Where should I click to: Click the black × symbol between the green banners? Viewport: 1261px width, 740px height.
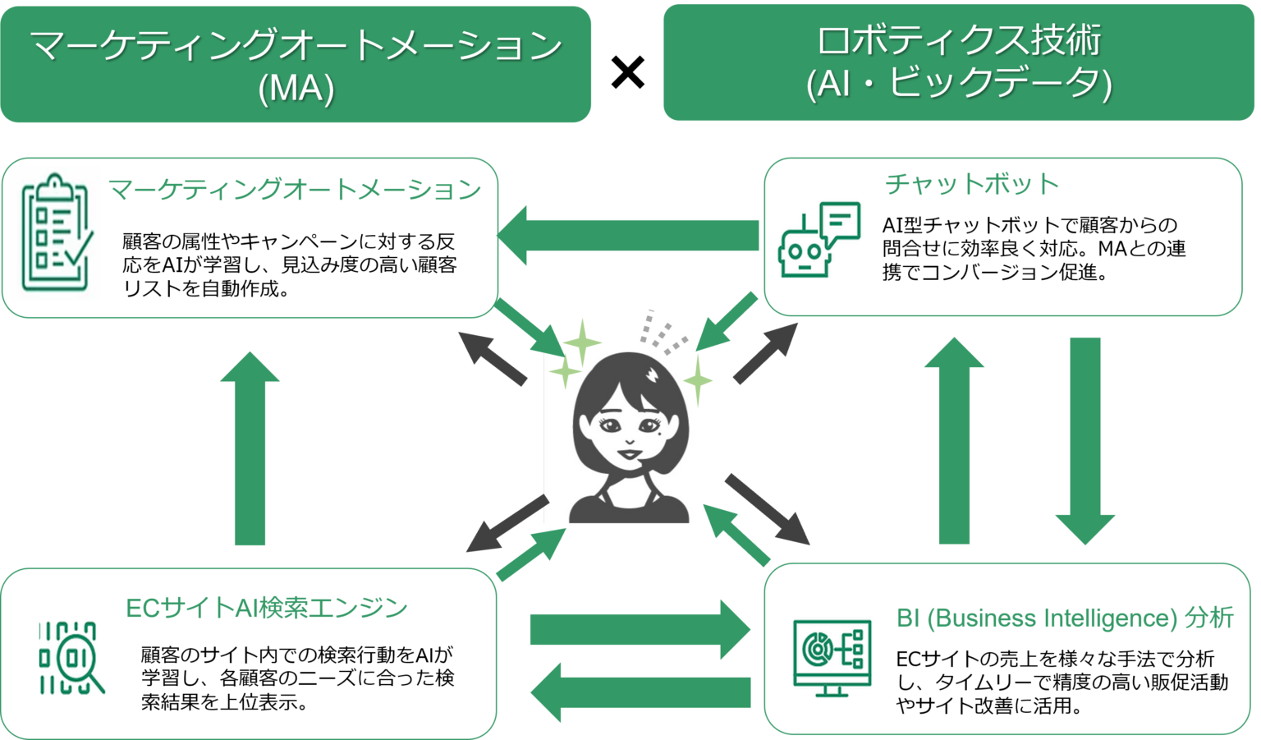(628, 72)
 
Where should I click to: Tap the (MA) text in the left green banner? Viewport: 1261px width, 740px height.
(296, 89)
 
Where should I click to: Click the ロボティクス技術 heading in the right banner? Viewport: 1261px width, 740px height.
(959, 40)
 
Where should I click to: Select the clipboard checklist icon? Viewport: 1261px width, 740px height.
(57, 232)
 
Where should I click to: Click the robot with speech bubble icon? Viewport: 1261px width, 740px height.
(819, 239)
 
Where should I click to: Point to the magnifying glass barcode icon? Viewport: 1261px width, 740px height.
(71, 658)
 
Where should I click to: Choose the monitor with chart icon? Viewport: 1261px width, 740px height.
(832, 658)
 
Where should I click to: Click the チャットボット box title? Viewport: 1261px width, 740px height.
(972, 184)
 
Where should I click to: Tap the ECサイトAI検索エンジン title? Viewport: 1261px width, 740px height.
(266, 608)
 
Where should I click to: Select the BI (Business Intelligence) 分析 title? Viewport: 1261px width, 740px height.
(1065, 618)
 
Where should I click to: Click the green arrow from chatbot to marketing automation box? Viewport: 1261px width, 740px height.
(628, 236)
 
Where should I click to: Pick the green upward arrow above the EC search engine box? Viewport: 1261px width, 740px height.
(250, 448)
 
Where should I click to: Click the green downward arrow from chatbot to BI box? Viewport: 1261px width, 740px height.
(1084, 441)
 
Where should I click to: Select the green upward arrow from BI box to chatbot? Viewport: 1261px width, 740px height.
(954, 440)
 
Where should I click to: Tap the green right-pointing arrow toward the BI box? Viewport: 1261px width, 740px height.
(640, 630)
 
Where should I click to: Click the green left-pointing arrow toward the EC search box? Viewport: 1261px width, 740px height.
(640, 692)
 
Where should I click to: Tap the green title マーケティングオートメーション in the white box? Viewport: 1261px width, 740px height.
(295, 189)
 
